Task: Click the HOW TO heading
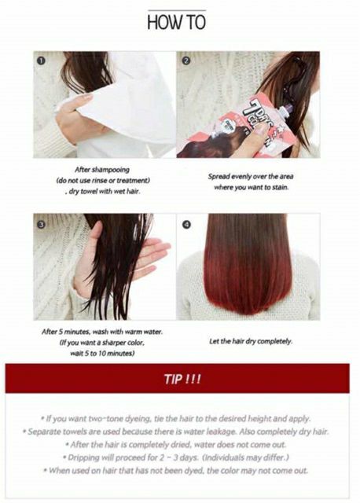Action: [177, 22]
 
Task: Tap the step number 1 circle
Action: [41, 61]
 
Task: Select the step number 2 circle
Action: [186, 61]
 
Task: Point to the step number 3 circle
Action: [41, 224]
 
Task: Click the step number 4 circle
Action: [186, 225]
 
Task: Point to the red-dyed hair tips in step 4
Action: [247, 285]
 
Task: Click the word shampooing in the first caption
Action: [111, 170]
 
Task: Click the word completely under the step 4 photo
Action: [274, 341]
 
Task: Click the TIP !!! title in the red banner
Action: [182, 379]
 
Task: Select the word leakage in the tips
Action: [222, 431]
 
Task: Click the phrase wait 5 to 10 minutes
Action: [102, 353]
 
